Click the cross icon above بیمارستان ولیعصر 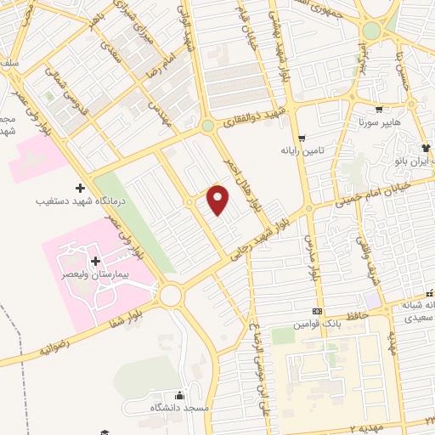[94, 260]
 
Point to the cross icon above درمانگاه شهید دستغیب [81, 187]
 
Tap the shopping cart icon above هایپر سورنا [378, 109]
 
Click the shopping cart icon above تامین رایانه [302, 136]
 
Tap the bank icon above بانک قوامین [318, 312]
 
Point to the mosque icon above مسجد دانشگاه [179, 395]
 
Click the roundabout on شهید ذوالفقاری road [207, 127]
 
